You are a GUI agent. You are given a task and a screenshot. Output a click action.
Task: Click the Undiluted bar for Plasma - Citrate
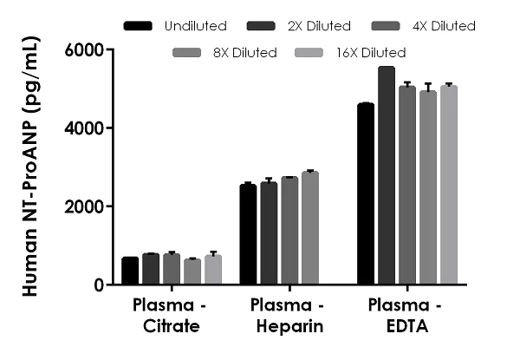[x=130, y=271]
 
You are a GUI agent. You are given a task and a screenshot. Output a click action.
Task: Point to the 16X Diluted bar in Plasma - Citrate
[x=213, y=270]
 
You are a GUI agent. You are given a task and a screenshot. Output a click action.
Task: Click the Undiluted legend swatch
[x=139, y=26]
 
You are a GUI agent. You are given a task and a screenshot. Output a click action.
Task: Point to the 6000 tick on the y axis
[x=85, y=50]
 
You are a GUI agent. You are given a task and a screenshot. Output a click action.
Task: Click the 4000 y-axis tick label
[x=85, y=128]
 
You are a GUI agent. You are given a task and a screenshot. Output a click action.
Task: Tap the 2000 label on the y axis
[x=85, y=206]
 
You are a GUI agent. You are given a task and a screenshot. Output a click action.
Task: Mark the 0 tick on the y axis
[x=97, y=285]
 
